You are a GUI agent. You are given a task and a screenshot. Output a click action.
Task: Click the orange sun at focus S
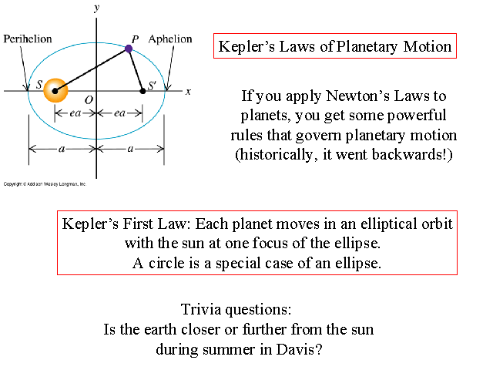click(x=55, y=91)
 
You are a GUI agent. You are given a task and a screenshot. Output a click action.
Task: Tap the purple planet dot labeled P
click(x=129, y=49)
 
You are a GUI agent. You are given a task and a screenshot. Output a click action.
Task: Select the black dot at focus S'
click(x=143, y=91)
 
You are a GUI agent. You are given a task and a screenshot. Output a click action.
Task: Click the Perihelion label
click(x=29, y=38)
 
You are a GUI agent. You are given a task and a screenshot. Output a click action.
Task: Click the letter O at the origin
click(x=89, y=99)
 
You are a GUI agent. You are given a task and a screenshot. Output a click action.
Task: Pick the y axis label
click(x=96, y=8)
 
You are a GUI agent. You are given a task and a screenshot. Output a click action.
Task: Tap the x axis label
click(x=188, y=91)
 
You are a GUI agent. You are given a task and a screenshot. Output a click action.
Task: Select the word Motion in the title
click(x=428, y=46)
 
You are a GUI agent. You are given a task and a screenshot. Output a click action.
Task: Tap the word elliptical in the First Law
click(x=374, y=224)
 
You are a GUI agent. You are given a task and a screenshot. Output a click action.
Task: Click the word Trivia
click(x=205, y=310)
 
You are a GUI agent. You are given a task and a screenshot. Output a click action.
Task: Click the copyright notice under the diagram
click(x=45, y=184)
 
